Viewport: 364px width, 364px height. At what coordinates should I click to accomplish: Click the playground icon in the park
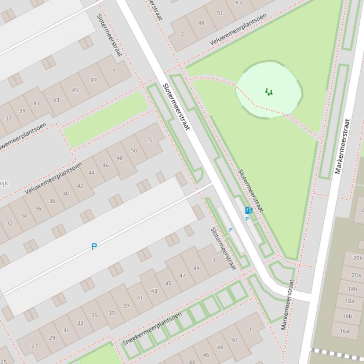[269, 92]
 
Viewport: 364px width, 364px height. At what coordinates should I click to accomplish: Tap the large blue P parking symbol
[94, 246]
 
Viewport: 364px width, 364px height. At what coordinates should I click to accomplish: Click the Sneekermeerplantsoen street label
[152, 328]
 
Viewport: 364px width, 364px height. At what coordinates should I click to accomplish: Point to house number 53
[239, 3]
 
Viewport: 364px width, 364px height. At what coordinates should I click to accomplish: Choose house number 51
[220, 13]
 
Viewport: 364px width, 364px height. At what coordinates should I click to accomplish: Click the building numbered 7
[114, 71]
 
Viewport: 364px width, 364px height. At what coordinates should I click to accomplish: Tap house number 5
[151, 140]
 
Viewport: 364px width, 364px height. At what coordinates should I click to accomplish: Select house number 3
[214, 260]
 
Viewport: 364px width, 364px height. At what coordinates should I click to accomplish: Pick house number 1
[250, 329]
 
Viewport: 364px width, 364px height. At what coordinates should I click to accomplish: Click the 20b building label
[357, 258]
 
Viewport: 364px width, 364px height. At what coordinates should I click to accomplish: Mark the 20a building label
[356, 275]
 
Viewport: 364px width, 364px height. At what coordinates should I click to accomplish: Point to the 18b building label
[353, 289]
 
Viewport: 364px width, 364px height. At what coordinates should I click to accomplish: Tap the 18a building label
[349, 301]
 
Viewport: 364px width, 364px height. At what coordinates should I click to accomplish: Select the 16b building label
[347, 316]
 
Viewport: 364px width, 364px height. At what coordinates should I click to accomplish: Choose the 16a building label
[344, 331]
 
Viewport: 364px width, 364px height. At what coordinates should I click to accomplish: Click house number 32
[9, 223]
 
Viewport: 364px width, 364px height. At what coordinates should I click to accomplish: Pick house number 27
[34, 346]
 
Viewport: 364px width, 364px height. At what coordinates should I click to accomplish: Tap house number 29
[52, 338]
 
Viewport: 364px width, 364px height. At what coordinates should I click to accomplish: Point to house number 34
[24, 216]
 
